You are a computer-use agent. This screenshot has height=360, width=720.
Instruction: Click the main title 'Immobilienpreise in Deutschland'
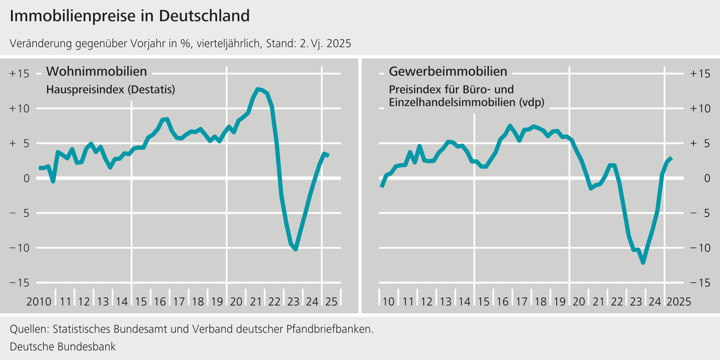point(130,16)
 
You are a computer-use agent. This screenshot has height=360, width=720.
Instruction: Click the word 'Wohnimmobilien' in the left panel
point(96,72)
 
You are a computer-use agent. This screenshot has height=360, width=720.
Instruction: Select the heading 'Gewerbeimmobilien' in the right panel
point(448,72)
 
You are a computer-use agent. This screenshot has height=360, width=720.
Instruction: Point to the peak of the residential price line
point(258,89)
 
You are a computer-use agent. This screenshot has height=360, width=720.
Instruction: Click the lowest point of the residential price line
point(295,249)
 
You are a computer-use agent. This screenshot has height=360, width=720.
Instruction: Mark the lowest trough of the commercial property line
point(643,262)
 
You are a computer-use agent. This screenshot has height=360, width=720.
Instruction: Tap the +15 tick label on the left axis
point(20,74)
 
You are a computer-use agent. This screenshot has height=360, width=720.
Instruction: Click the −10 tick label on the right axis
point(700,248)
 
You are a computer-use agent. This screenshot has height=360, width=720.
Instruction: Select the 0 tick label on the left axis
point(26,178)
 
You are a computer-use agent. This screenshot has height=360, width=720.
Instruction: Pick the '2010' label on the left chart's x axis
point(39,302)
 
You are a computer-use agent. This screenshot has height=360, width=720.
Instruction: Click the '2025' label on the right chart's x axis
point(679,302)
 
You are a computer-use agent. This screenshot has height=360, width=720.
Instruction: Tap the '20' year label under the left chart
point(236,302)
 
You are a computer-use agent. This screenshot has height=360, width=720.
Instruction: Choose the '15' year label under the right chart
point(484,302)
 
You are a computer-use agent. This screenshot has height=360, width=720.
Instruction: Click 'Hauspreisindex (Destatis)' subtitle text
point(111,90)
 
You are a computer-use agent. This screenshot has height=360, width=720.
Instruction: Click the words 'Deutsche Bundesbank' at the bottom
point(63,347)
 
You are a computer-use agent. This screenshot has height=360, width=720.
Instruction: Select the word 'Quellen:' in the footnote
point(29,329)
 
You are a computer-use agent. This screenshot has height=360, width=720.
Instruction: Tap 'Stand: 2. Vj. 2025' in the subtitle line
point(308,44)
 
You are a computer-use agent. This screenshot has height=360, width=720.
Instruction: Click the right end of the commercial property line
point(671,158)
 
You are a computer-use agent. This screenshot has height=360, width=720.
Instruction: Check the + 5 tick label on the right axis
point(700,143)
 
